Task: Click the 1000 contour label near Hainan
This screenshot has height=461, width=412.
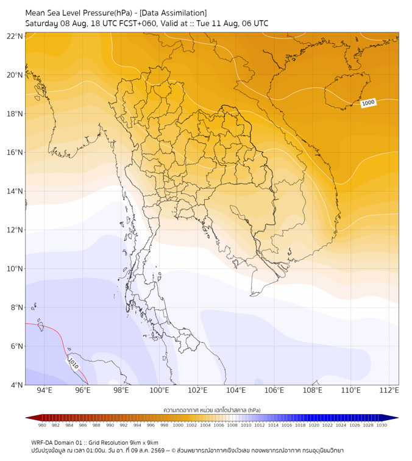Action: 368,103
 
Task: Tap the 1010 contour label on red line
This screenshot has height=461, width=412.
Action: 73,363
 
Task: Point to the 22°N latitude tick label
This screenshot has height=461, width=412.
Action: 15,36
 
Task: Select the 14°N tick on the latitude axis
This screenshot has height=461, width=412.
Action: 15,191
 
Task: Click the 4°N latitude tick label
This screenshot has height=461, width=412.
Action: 16,385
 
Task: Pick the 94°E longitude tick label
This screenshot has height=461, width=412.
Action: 44,390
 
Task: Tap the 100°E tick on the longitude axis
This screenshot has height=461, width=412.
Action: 159,390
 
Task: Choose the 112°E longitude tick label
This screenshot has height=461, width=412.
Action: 389,390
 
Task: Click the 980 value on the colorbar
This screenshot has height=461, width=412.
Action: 42,425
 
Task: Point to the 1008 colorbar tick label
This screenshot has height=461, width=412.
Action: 232,425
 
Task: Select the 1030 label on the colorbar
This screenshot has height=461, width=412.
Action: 382,425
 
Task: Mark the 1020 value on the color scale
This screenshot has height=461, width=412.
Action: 314,425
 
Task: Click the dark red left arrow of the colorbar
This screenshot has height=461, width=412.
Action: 34,418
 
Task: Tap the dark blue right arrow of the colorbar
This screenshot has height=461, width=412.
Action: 391,418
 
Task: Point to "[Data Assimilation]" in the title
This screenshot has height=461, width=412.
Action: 173,13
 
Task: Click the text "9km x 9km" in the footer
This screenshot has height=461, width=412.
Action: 144,443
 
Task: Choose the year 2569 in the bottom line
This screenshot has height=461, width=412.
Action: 158,451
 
